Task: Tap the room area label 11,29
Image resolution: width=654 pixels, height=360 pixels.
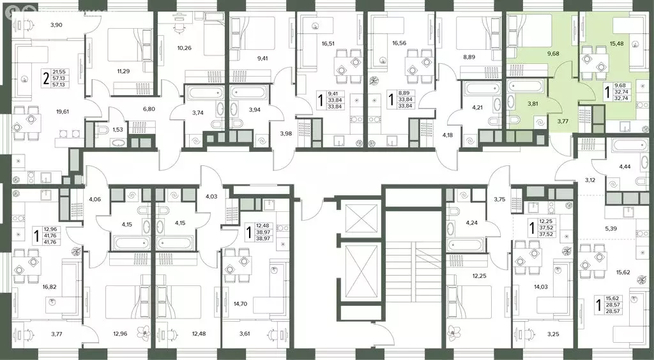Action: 123,71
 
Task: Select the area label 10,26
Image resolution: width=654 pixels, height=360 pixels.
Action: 184,48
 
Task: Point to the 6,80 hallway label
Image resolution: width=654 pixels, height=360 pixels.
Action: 149,110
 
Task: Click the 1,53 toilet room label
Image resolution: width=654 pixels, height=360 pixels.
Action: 117,130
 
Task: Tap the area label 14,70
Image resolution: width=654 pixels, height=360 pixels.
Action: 241,304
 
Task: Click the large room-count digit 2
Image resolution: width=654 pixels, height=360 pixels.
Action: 45,79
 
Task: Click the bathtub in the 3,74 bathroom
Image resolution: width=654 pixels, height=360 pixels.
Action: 199,93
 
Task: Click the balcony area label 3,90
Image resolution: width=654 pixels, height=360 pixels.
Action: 56,26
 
